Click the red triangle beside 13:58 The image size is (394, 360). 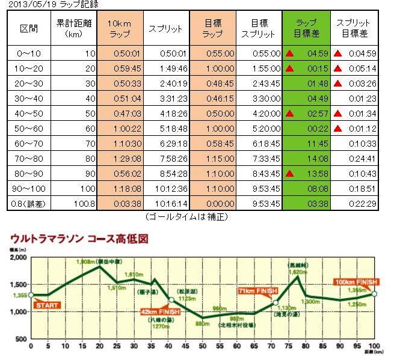pyautogui.click(x=291, y=174)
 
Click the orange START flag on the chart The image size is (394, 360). pyautogui.click(x=48, y=305)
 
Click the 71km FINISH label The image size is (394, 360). pyautogui.click(x=258, y=291)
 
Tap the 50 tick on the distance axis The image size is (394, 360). pyautogui.click(x=203, y=347)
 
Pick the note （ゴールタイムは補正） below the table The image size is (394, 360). pyautogui.click(x=187, y=216)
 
